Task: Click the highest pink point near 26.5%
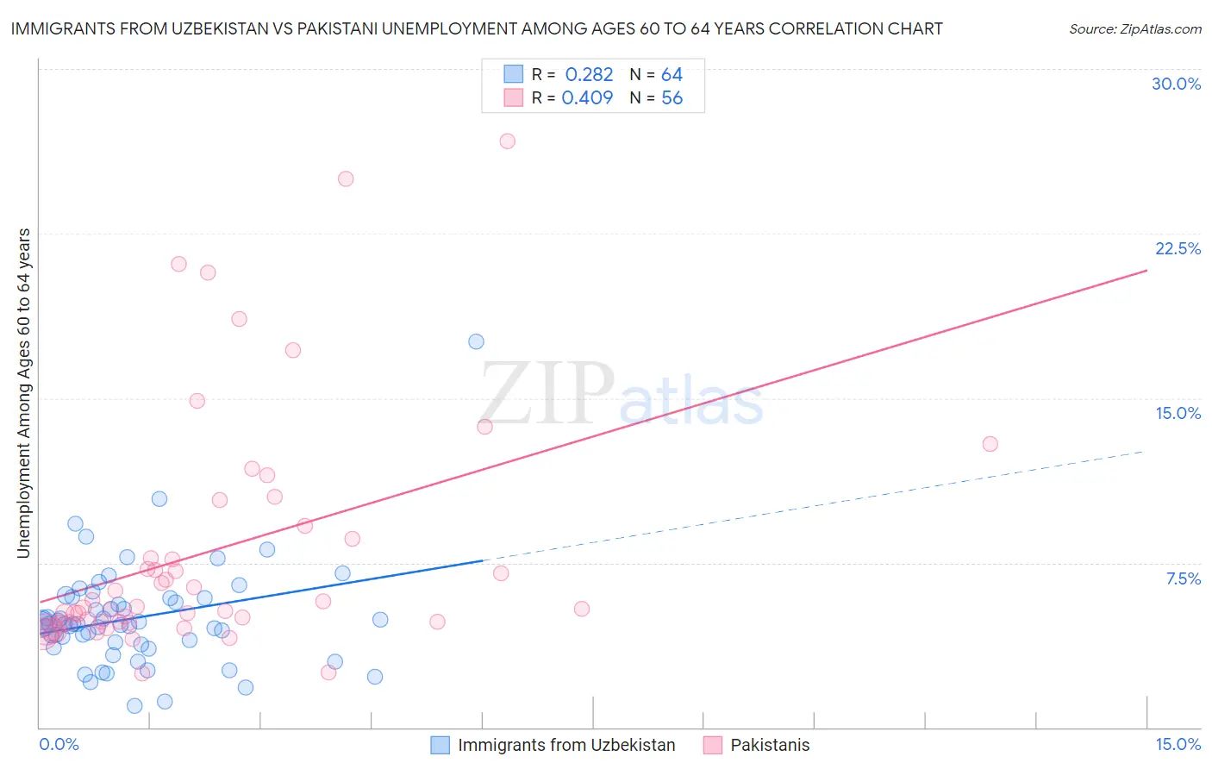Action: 507,141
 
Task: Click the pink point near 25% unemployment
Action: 346,179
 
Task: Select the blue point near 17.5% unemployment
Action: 476,342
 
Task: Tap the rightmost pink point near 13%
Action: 990,444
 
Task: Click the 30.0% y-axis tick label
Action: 1176,84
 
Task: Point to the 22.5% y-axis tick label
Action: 1178,248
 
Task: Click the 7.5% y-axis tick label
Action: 1183,578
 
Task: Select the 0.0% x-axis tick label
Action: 59,744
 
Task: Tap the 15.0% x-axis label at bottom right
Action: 1178,744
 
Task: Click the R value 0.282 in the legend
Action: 589,75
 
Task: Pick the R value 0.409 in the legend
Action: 587,98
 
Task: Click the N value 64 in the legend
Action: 672,75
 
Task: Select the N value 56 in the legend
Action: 672,98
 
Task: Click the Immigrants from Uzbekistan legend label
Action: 566,745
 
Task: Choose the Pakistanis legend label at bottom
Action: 770,745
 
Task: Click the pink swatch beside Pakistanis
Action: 712,745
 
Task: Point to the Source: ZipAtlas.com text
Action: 1134,29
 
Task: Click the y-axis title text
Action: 24,393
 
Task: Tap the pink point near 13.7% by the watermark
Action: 484,427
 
